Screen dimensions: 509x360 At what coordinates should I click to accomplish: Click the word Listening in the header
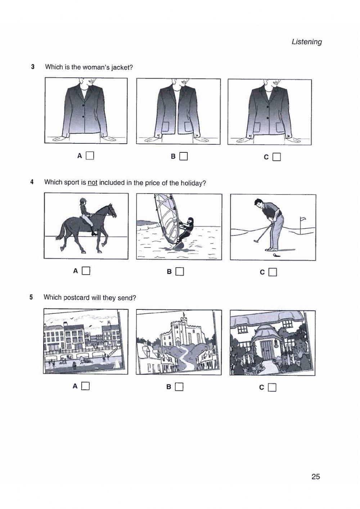[307, 42]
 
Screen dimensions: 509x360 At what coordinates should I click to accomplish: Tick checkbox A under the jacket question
[90, 156]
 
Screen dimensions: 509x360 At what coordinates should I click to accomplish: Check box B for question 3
[184, 156]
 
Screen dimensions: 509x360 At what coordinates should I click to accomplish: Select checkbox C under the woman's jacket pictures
[276, 157]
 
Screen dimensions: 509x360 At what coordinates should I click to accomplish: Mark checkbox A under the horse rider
[86, 271]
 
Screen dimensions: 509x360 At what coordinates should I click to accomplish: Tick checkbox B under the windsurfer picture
[180, 272]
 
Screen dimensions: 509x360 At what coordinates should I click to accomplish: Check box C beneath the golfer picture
[273, 272]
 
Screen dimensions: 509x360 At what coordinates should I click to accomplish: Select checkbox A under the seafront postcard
[85, 386]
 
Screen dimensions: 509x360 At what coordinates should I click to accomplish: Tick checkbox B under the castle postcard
[179, 387]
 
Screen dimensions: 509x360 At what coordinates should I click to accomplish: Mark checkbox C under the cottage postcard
[272, 388]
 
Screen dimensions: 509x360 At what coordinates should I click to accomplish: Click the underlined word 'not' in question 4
[93, 183]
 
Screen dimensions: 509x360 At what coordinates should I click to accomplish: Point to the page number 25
[315, 477]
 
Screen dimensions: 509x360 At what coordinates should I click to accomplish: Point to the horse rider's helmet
[83, 201]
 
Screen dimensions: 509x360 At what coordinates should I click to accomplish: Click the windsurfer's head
[189, 220]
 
